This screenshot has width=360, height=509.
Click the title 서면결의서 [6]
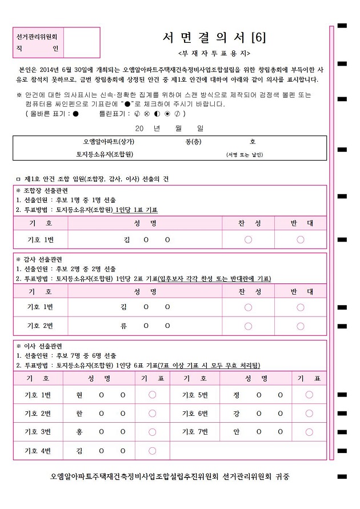[x=214, y=38]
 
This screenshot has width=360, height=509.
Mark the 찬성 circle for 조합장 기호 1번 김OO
[x=249, y=239]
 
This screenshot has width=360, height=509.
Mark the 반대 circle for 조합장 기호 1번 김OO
[x=301, y=239]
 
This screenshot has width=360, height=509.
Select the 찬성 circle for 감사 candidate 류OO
[x=249, y=326]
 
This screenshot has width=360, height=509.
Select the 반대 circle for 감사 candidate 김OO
[x=301, y=307]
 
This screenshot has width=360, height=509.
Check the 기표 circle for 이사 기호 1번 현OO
[x=153, y=395]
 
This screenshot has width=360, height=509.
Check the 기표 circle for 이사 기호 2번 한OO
[x=153, y=413]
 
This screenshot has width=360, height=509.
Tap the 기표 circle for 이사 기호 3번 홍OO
[x=153, y=432]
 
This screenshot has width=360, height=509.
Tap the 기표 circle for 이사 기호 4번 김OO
[x=153, y=451]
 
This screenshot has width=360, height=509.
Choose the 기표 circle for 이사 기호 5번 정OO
[x=309, y=395]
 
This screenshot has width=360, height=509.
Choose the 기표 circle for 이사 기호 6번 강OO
[x=309, y=413]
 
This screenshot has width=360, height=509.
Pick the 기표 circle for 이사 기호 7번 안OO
[x=309, y=432]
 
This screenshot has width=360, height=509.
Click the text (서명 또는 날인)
[x=245, y=155]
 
